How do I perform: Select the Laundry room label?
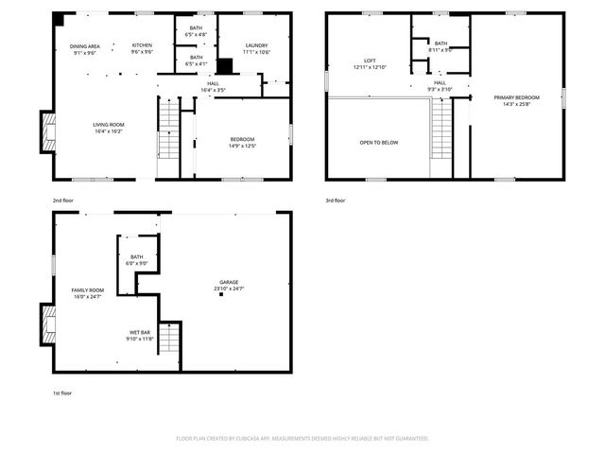(256, 48)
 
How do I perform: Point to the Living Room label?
(109, 128)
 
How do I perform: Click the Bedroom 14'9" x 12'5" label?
(242, 143)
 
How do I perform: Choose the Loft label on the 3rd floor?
(370, 63)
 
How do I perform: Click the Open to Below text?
(378, 143)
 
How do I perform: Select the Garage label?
(230, 285)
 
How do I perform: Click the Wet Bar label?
(140, 335)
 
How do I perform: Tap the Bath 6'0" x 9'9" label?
(137, 260)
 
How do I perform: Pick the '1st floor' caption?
(62, 393)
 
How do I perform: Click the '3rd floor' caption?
(336, 201)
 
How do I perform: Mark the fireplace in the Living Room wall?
(46, 132)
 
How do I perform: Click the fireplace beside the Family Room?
(46, 324)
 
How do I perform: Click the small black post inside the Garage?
(221, 294)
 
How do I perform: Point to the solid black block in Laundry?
(225, 66)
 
